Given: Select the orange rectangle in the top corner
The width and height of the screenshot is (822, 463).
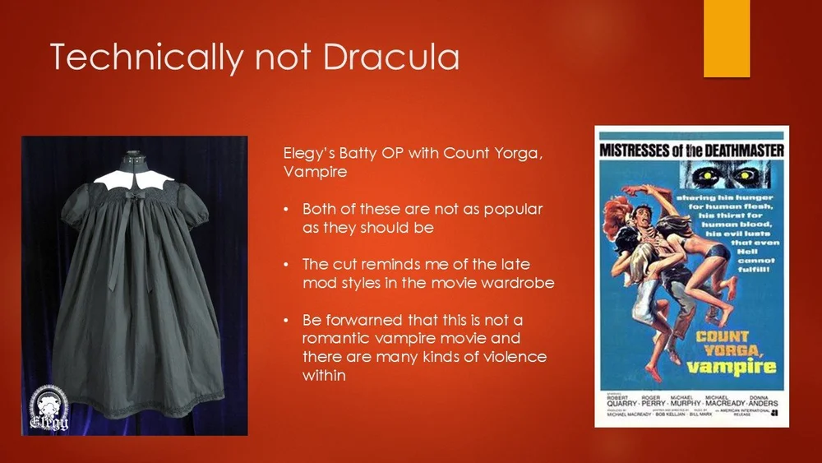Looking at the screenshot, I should (727, 38).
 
